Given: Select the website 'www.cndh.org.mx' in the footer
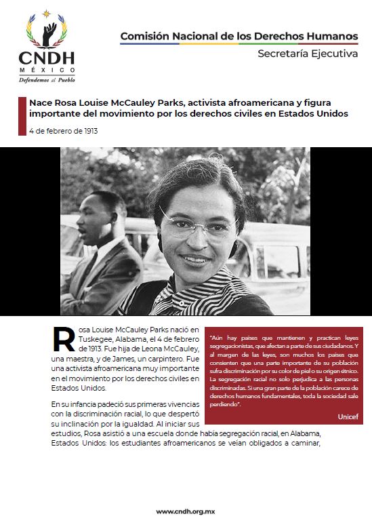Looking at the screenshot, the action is coord(186,511).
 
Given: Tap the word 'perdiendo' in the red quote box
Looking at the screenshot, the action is coord(226,404).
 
